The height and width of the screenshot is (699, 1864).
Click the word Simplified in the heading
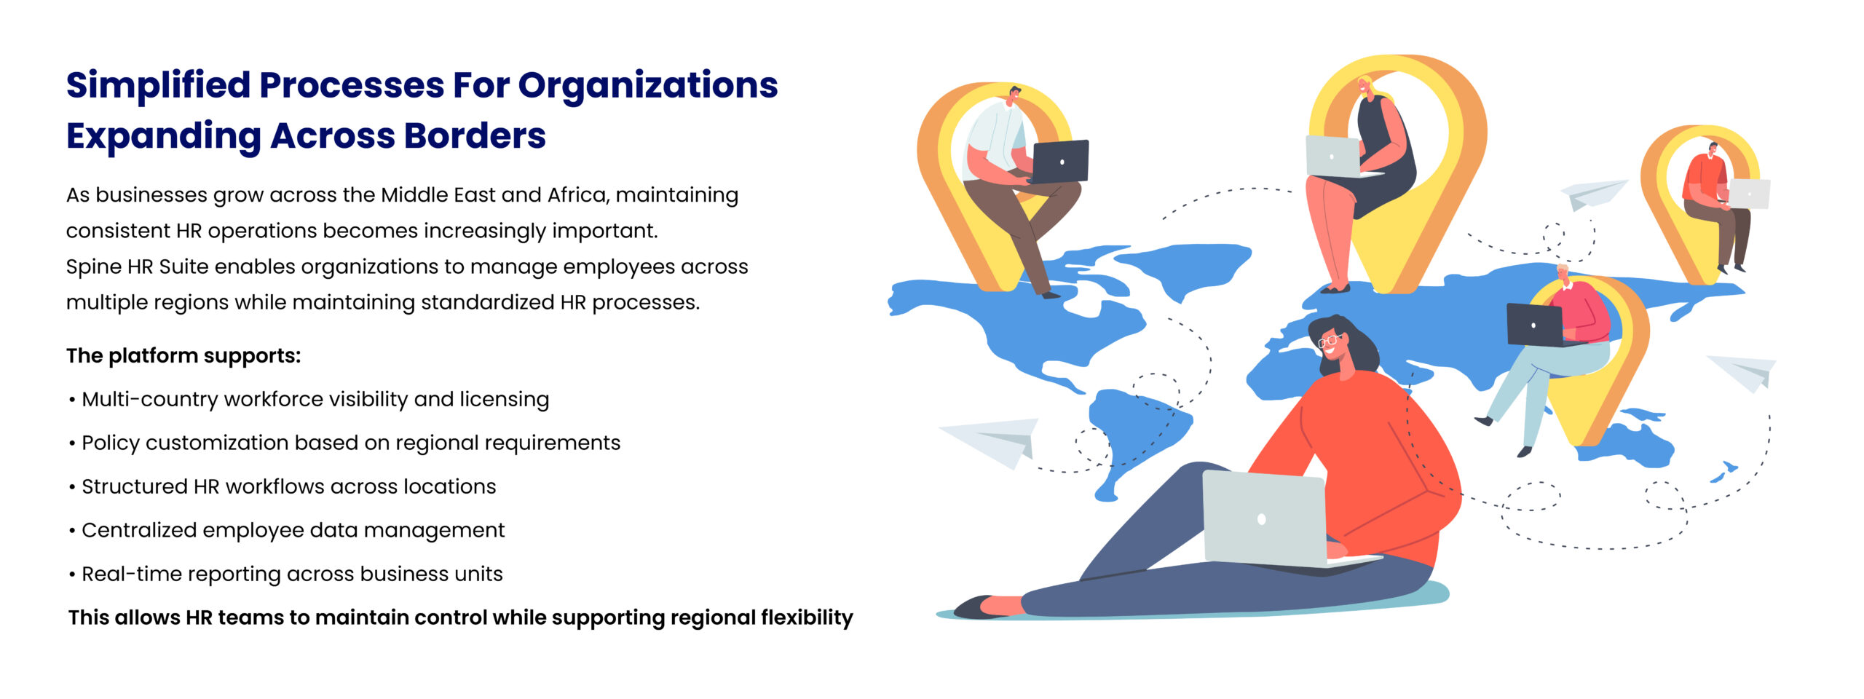point(158,86)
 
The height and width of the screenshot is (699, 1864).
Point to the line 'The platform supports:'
point(183,355)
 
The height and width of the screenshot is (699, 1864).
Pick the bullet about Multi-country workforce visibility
point(309,399)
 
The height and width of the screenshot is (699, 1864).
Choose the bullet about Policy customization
point(344,443)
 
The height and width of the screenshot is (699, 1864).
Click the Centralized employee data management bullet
point(286,530)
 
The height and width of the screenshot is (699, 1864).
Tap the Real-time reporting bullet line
point(285,574)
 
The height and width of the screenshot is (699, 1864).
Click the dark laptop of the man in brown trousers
point(1059,162)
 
